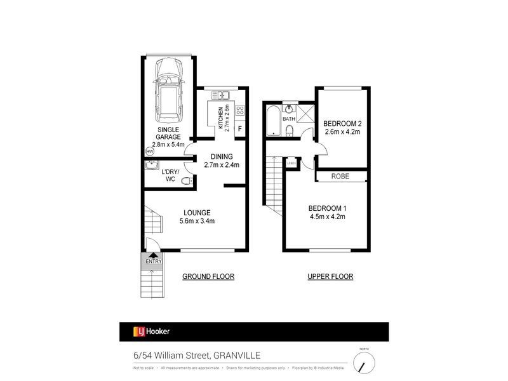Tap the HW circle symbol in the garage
click(x=150, y=152)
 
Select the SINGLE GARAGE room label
click(x=170, y=132)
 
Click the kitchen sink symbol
click(x=220, y=95)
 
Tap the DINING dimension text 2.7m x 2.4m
click(x=222, y=165)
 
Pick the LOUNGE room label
click(x=197, y=213)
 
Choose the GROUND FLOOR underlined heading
click(x=208, y=277)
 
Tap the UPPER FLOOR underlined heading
click(x=330, y=277)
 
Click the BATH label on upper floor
click(x=289, y=119)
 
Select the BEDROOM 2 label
click(x=342, y=123)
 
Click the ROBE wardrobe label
click(x=342, y=177)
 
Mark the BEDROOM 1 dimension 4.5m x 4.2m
click(x=326, y=217)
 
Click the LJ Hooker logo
click(x=150, y=331)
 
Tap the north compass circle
click(x=364, y=363)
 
